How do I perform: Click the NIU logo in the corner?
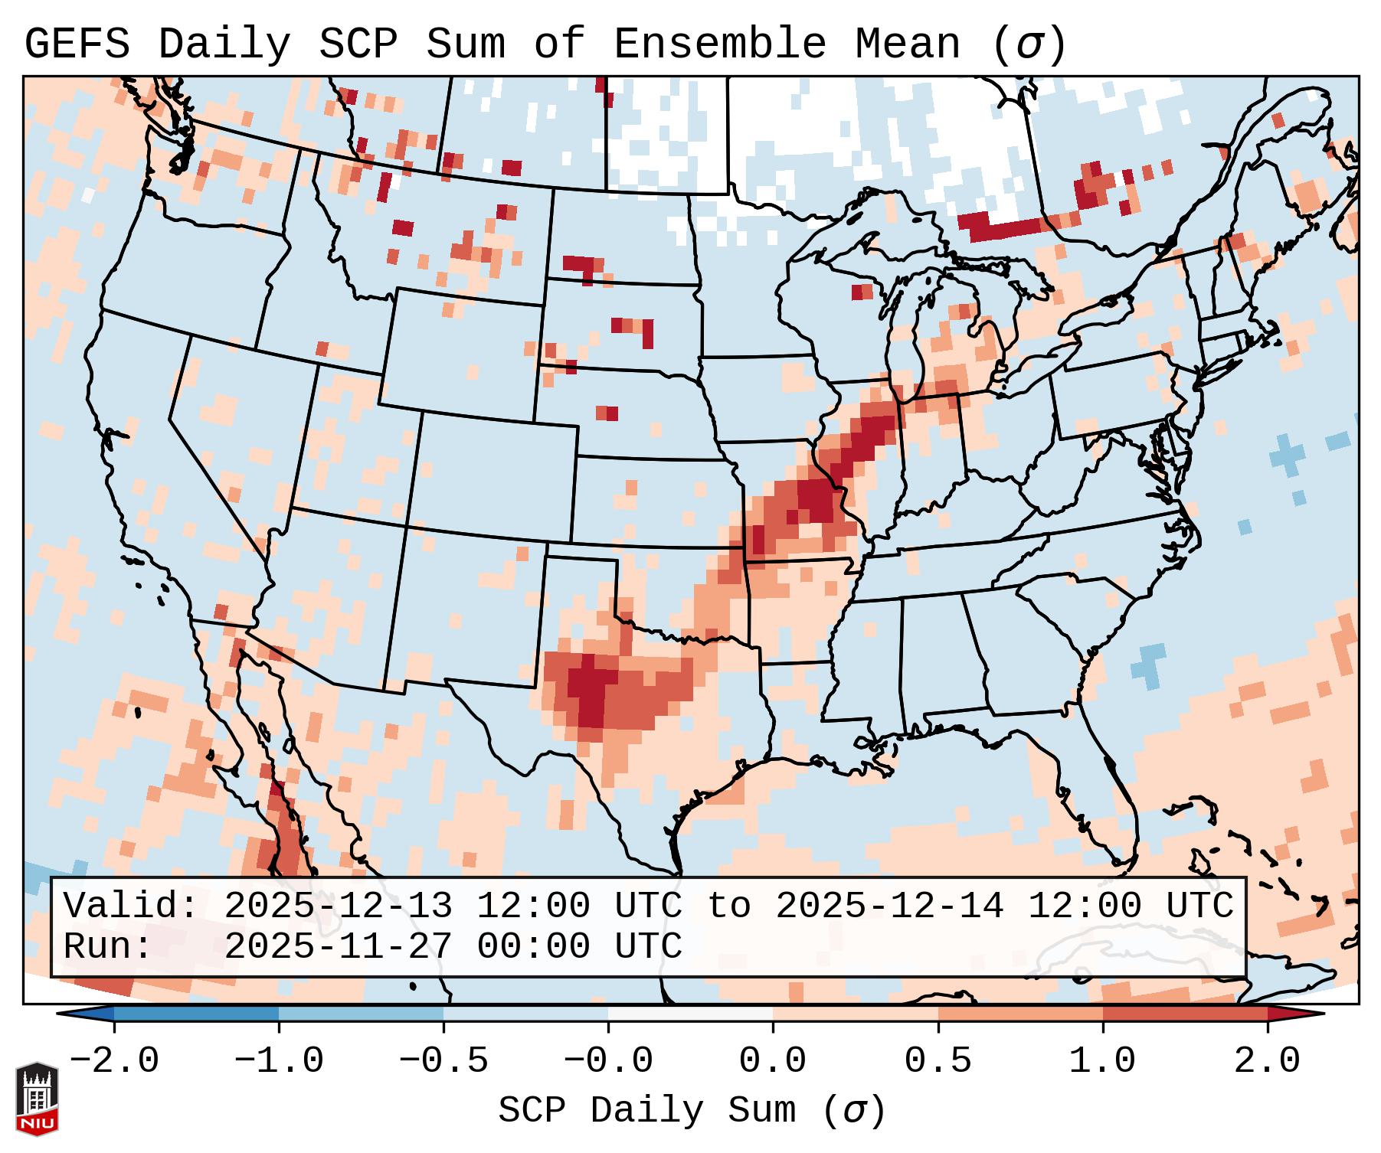point(37,1098)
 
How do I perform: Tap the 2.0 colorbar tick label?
point(1267,1061)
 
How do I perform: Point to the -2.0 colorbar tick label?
point(114,1061)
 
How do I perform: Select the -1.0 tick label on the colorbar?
point(279,1061)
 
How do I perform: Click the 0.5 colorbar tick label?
point(938,1061)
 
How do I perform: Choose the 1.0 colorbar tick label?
point(1102,1061)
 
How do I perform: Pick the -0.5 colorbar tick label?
point(443,1061)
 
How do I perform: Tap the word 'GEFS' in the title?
point(77,44)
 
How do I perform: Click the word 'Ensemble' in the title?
point(719,44)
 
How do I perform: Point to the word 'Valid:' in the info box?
point(131,906)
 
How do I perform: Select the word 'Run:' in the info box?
point(108,946)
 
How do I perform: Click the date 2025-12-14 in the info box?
point(889,906)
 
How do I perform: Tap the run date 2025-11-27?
point(338,946)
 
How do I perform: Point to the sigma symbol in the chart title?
point(1029,45)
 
